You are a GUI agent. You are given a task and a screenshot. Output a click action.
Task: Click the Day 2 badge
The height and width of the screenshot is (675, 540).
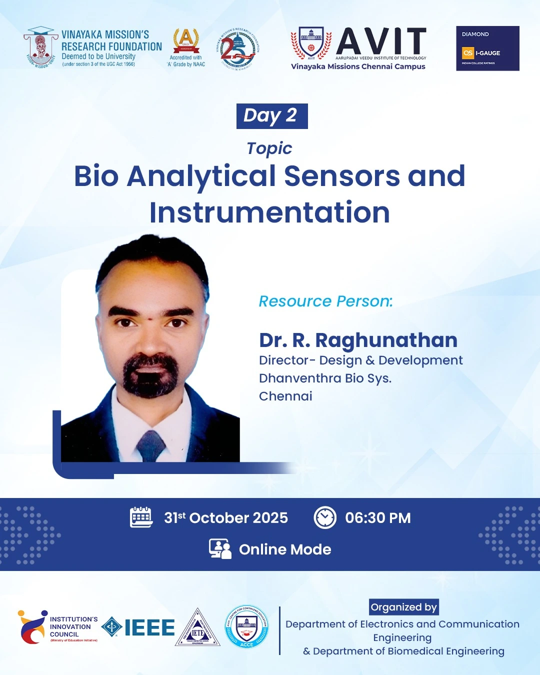(272, 116)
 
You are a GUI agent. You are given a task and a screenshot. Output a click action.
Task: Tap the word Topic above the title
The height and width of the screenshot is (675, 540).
(269, 148)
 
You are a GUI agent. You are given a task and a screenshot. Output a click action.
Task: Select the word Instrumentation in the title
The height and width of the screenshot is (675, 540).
(269, 212)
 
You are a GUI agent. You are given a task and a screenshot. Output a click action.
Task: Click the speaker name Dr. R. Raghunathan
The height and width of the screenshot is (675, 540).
(358, 340)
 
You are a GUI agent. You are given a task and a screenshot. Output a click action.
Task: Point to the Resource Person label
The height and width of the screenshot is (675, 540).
(325, 301)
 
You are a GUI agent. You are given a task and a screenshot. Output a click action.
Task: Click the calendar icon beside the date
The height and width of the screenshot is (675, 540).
(141, 517)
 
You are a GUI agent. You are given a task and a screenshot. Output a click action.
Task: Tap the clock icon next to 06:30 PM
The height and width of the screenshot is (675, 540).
(325, 517)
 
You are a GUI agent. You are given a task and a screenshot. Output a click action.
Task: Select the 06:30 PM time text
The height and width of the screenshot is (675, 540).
(377, 518)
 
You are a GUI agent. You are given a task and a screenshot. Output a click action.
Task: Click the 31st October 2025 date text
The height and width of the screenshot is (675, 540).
(226, 518)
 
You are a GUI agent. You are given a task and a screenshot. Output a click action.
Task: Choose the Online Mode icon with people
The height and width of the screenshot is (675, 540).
(220, 549)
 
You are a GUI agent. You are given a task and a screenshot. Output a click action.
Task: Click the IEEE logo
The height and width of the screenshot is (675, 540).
(138, 627)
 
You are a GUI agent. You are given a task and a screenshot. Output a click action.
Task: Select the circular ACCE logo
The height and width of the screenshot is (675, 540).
(246, 627)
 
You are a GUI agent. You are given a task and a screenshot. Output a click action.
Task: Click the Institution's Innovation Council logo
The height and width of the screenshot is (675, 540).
(57, 627)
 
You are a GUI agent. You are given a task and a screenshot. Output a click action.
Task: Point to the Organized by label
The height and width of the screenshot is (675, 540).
(403, 607)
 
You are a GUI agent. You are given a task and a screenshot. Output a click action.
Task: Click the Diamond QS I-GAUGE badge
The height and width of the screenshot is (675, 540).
(487, 48)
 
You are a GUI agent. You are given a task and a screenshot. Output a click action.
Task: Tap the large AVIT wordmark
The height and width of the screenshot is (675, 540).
(381, 41)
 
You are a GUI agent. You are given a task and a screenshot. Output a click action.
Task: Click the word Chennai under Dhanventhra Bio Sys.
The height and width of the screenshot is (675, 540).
(285, 396)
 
